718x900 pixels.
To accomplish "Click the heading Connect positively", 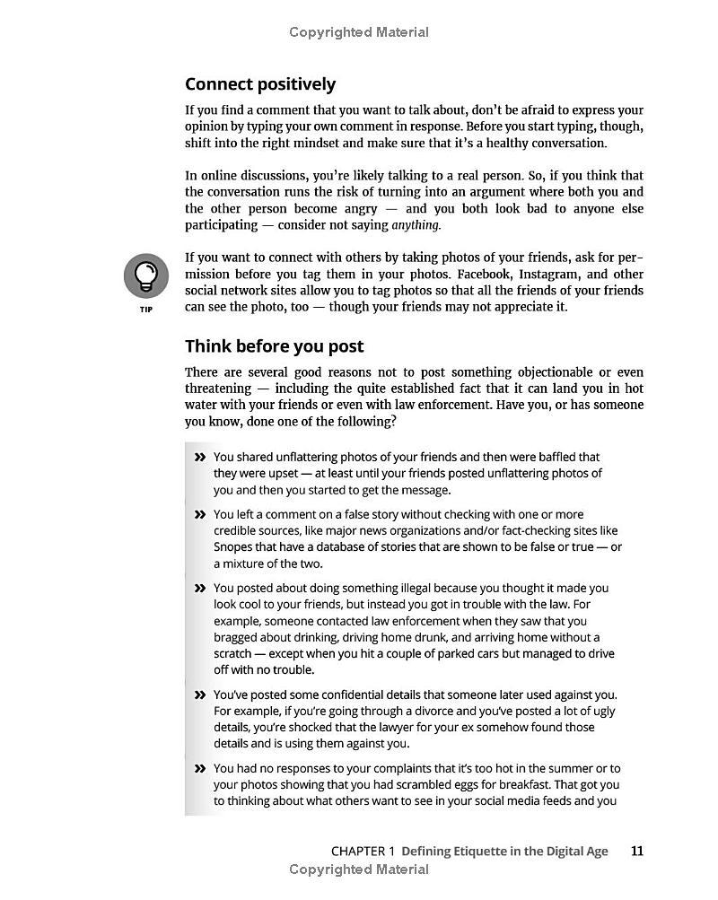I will click(260, 84).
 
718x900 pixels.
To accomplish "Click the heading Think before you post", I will click(274, 346).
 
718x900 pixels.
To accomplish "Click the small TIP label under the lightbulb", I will click(146, 310).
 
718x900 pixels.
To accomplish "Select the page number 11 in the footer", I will click(636, 851).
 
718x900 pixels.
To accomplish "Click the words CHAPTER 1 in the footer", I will click(363, 851).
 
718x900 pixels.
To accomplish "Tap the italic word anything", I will click(416, 225).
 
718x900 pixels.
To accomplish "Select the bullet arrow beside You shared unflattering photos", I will click(199, 458).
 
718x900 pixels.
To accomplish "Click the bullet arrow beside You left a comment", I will click(199, 515).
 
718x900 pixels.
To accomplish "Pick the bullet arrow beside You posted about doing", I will click(199, 589).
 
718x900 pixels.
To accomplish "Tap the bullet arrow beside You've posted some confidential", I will click(199, 695).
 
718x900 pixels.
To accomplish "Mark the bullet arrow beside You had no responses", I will click(199, 769).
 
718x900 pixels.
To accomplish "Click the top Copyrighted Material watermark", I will click(359, 32).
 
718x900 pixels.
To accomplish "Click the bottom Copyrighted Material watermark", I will click(359, 869).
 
